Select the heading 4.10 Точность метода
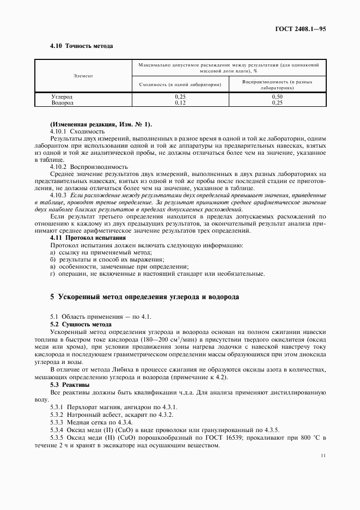click(81, 46)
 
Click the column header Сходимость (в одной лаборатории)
click(180, 84)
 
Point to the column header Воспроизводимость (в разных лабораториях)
click(277, 84)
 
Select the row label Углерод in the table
click(62, 96)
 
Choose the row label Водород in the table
click(62, 102)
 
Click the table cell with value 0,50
click(277, 96)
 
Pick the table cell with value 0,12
click(180, 102)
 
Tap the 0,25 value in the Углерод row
click(180, 96)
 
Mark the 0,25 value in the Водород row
click(277, 102)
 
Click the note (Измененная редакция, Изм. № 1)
click(101, 124)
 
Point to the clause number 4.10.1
click(58, 131)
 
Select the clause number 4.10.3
click(58, 195)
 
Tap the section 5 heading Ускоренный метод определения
click(144, 297)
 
